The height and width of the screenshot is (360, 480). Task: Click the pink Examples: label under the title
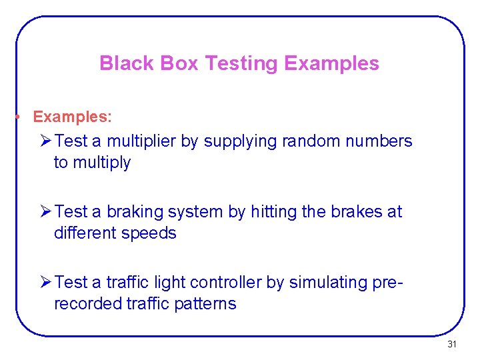(72, 117)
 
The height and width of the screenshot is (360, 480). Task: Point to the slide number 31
(452, 345)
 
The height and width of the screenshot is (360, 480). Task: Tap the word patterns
(207, 304)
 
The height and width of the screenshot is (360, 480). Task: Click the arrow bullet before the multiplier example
(47, 141)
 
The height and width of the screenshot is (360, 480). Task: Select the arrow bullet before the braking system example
(47, 212)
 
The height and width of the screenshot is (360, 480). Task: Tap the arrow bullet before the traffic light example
(47, 283)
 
